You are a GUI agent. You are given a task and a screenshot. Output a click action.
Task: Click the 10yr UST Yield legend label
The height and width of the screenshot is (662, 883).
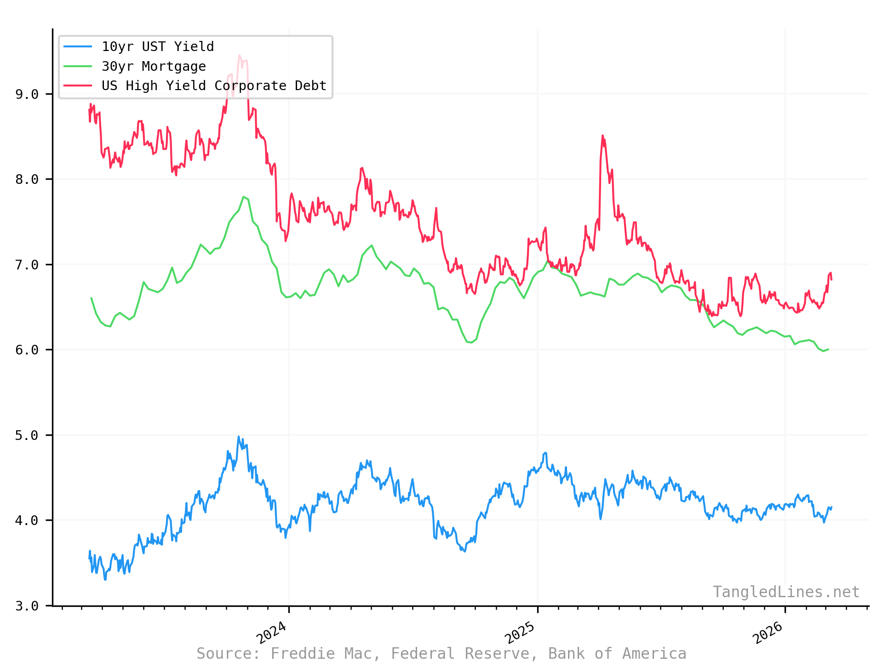click(157, 47)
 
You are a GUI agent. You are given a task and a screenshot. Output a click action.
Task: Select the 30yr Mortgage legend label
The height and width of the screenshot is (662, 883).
click(154, 67)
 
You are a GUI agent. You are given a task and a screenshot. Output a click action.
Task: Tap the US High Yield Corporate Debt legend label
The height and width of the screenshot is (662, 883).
click(214, 86)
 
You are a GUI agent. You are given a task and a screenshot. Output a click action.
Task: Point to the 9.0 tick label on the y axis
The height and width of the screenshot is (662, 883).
click(27, 94)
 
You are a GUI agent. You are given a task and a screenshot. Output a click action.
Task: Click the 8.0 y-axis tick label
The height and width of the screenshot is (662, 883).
click(27, 179)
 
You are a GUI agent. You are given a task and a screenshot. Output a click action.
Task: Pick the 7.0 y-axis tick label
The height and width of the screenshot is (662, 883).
click(27, 265)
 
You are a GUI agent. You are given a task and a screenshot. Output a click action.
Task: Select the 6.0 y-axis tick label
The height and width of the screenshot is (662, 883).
click(27, 350)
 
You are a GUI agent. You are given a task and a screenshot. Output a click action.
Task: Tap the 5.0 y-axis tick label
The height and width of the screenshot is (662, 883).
click(27, 435)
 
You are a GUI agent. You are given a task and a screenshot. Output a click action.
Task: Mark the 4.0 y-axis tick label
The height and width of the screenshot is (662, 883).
click(27, 520)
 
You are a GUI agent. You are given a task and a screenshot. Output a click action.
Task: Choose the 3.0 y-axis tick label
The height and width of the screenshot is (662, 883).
click(27, 606)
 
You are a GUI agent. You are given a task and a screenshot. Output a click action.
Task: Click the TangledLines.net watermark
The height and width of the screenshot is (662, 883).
click(786, 592)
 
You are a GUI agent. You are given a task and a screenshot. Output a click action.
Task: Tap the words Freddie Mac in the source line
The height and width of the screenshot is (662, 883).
click(326, 653)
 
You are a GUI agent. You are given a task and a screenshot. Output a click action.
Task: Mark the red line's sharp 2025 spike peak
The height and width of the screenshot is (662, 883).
click(602, 136)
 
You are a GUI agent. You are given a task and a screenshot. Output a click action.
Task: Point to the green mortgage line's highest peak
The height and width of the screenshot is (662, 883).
click(243, 197)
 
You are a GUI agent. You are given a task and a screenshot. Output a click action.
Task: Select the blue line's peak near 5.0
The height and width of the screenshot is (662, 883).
click(238, 437)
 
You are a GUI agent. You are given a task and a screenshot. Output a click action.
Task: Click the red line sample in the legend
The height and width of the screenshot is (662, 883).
click(78, 86)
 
